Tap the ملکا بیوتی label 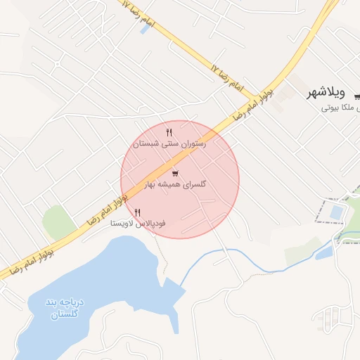tap(341, 108)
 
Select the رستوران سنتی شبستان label tap(169, 143)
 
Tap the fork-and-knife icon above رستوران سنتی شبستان tap(169, 132)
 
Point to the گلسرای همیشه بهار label tap(175, 184)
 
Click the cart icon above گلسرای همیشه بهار tap(175, 173)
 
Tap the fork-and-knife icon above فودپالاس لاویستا tap(138, 212)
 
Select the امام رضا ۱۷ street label tap(225, 78)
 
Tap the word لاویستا tap(122, 223)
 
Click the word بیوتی tap(331, 108)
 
